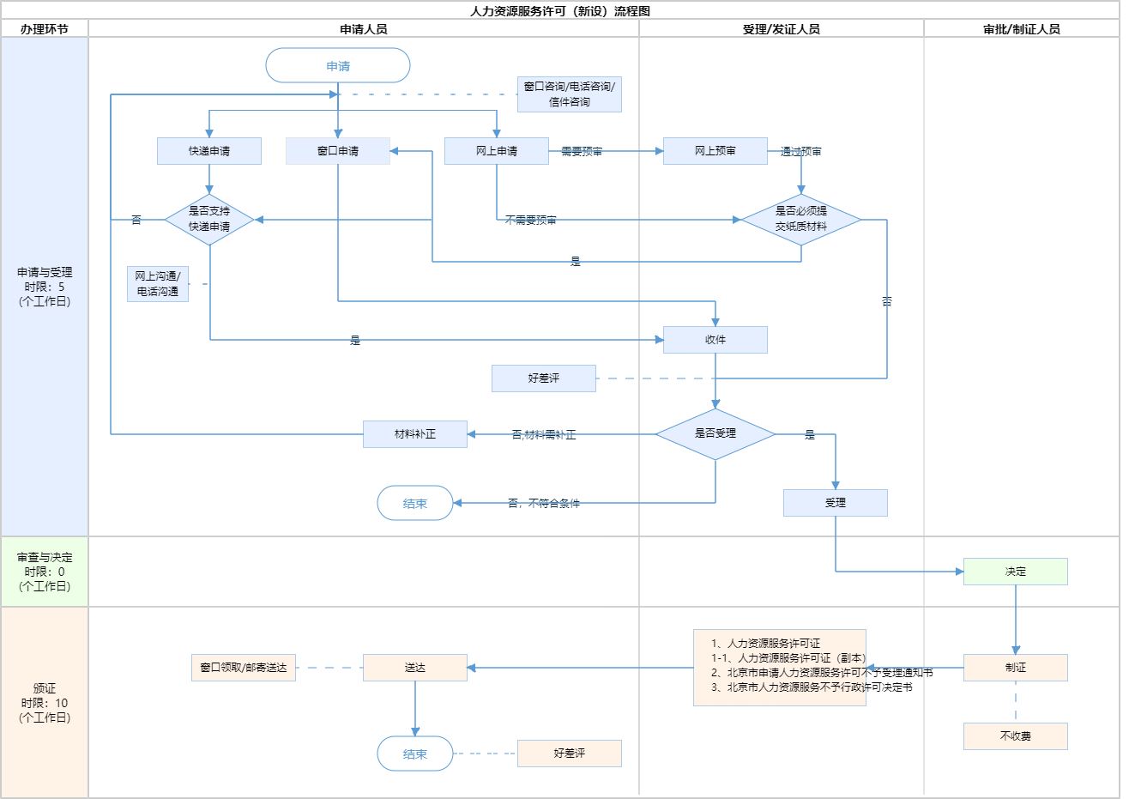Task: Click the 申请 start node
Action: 338,66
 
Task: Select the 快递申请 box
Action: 209,151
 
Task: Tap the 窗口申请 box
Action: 338,151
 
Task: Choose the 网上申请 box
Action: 497,151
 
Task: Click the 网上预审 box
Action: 715,151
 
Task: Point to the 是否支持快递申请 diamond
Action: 209,220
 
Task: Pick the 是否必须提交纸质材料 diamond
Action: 801,220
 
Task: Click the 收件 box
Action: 715,340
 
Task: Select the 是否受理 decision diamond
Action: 715,434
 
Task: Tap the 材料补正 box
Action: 415,434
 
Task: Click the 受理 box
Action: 836,503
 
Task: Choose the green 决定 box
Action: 1016,572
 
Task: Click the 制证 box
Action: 1016,668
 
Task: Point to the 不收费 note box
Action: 1016,736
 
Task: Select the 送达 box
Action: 415,668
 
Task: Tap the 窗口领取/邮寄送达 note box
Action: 244,668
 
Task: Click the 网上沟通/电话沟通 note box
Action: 158,284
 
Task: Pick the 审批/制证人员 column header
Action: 1022,29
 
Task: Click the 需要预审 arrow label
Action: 582,152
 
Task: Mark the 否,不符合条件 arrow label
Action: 544,504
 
